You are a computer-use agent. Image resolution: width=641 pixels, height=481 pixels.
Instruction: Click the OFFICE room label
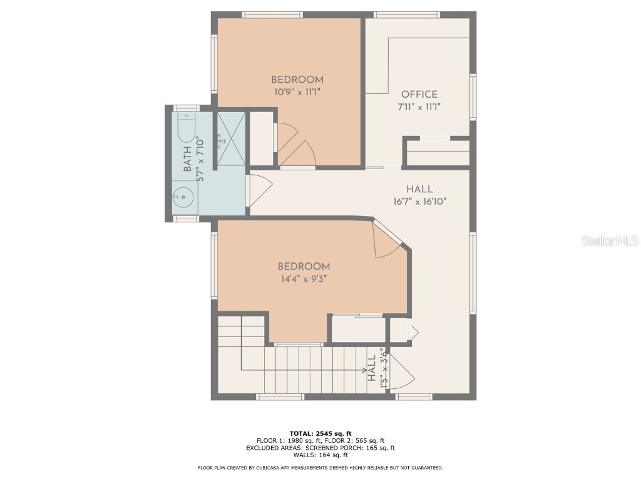coord(419,95)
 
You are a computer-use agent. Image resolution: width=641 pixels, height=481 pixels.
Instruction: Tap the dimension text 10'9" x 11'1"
coord(297,91)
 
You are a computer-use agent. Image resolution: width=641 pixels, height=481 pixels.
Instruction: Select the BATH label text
coord(188,162)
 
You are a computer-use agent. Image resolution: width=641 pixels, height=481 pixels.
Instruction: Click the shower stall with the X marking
coord(231,138)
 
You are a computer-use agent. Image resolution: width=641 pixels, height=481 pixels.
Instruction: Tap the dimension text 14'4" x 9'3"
coord(304,278)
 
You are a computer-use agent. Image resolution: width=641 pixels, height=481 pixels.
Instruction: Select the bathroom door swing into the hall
coord(259,190)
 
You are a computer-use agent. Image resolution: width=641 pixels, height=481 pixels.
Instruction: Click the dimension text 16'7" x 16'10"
coord(419,202)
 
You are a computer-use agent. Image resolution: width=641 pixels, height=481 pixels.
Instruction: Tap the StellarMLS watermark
coord(609,240)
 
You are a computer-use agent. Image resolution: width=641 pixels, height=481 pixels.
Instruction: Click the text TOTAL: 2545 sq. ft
coord(320,433)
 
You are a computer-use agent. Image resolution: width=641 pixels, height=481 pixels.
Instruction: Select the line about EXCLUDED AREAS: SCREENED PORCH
coord(320,448)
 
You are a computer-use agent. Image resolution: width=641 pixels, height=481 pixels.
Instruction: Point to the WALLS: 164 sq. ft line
coord(320,455)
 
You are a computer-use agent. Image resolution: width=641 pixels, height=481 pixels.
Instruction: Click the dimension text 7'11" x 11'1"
coord(419,106)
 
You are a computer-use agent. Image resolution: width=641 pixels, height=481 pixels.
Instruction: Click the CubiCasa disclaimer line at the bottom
coord(320,468)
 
